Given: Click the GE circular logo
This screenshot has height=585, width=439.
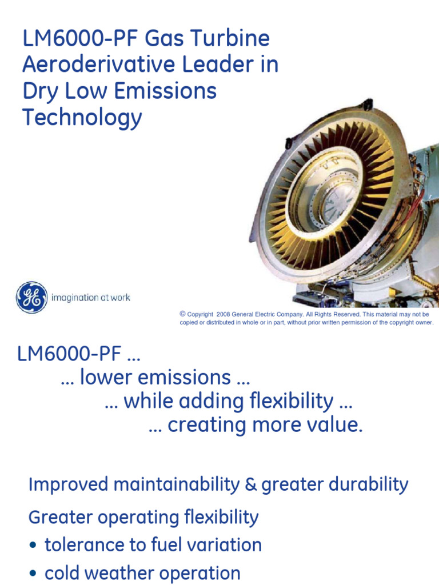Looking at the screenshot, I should [x=31, y=297].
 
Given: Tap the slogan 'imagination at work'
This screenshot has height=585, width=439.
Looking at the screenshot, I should [x=91, y=298].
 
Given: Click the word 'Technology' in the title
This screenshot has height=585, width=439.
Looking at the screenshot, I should [x=82, y=118].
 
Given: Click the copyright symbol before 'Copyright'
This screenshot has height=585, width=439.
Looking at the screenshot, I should [x=183, y=314].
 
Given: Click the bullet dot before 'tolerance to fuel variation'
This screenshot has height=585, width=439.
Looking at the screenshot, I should [x=33, y=546].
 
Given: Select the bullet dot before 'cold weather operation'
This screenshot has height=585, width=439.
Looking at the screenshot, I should [x=33, y=574].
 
